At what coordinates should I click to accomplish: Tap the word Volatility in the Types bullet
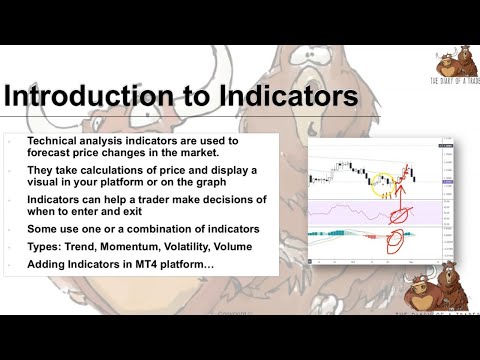click(x=187, y=248)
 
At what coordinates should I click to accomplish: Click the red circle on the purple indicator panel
click(x=404, y=212)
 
